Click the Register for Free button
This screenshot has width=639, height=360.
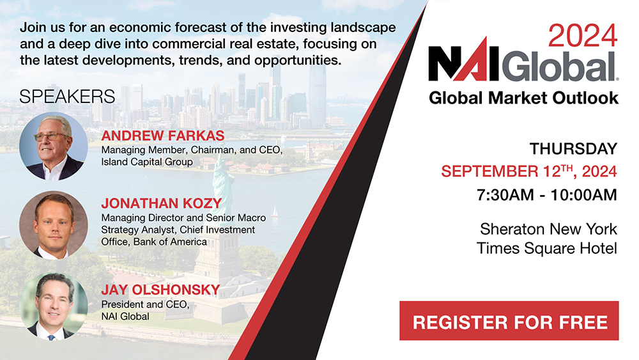pyautogui.click(x=509, y=320)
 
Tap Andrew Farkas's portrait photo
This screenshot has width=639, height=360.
pyautogui.click(x=53, y=146)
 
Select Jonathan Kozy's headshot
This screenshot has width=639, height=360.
pyautogui.click(x=53, y=225)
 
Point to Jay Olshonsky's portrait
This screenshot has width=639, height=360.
pyautogui.click(x=53, y=306)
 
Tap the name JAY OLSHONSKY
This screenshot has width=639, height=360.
pyautogui.click(x=160, y=290)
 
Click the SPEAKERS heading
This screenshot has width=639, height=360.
pyautogui.click(x=67, y=97)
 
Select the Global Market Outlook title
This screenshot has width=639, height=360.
pyautogui.click(x=523, y=98)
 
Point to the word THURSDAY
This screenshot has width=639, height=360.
pyautogui.click(x=573, y=149)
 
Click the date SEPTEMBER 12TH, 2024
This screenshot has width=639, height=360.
pyautogui.click(x=529, y=171)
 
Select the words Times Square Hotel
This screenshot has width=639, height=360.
pyautogui.click(x=547, y=248)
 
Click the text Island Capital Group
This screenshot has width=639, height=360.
pyautogui.click(x=147, y=162)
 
